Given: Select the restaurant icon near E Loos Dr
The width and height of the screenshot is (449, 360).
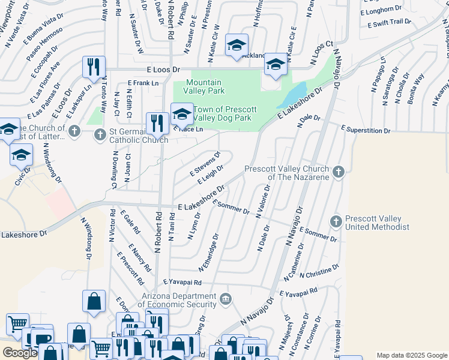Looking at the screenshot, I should (93, 67).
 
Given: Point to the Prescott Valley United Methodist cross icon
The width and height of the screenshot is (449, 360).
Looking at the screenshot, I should (336, 222).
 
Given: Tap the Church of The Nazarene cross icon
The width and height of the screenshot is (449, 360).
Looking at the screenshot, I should (339, 172).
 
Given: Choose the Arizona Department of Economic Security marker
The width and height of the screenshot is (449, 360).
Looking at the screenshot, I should (225, 299).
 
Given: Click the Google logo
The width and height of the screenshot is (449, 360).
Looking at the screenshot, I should (20, 353).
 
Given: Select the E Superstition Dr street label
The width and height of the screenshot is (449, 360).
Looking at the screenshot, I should (366, 130).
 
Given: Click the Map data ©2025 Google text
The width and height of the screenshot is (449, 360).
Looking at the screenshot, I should (412, 355).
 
